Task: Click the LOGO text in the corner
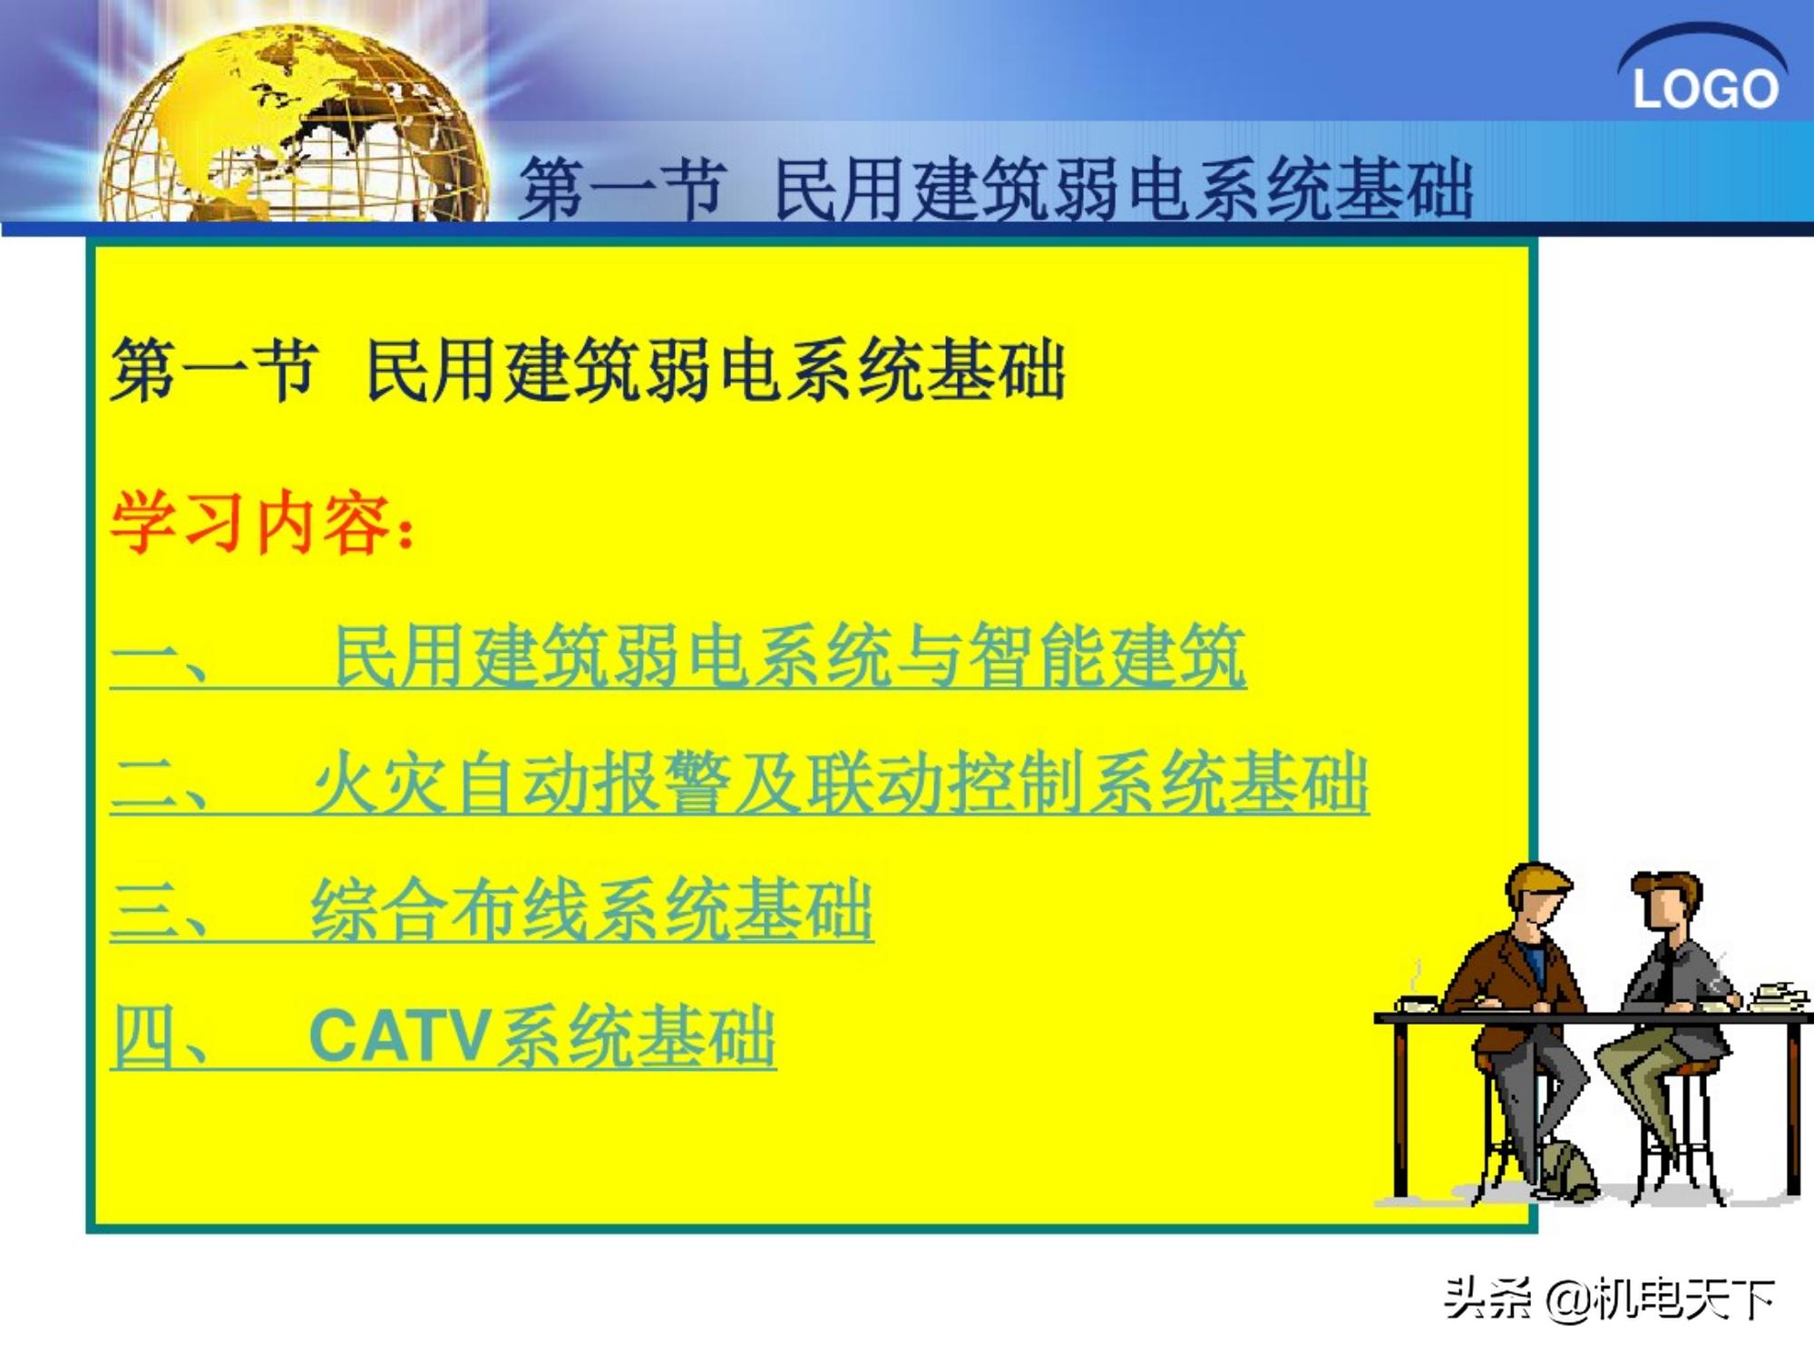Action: (x=1704, y=89)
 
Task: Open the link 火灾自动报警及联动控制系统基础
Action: (x=839, y=782)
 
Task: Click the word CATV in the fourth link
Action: (x=399, y=1036)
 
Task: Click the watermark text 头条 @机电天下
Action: (x=1610, y=1299)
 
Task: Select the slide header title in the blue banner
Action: (x=995, y=189)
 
